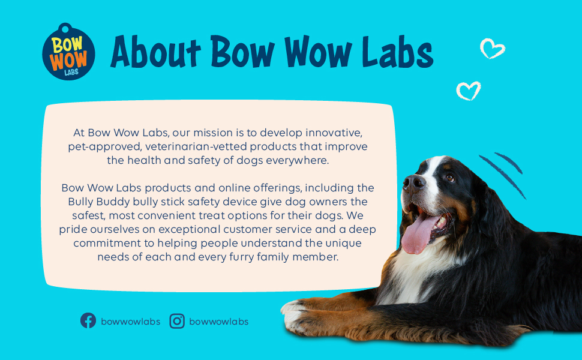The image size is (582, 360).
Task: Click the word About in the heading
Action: (x=155, y=52)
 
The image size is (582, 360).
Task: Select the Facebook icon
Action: (x=88, y=321)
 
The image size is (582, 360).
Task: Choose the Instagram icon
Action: (x=177, y=321)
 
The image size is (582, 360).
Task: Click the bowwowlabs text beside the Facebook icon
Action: (x=131, y=322)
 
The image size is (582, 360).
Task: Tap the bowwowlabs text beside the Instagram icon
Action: (x=218, y=322)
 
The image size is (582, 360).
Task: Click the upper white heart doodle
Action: (x=493, y=48)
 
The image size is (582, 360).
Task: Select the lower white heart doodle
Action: (x=468, y=91)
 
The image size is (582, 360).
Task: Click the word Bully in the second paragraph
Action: (x=82, y=202)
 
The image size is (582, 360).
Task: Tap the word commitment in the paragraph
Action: (x=106, y=243)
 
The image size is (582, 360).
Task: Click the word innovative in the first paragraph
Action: (x=334, y=132)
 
